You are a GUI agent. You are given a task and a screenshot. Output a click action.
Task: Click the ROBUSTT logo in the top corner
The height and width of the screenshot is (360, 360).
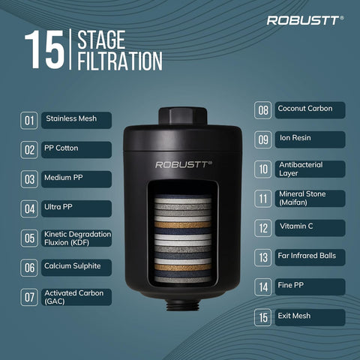pos(305,20)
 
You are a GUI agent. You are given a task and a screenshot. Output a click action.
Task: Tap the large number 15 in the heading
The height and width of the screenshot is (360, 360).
pos(44,49)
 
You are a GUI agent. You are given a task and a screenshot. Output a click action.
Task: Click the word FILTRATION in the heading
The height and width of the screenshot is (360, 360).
pos(120,61)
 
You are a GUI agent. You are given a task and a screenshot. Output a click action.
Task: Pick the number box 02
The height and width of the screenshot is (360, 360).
pos(29,150)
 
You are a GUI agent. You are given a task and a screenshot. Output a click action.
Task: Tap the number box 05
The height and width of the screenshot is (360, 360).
pos(29,238)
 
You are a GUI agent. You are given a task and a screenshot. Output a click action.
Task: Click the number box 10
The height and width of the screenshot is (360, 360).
pos(262,169)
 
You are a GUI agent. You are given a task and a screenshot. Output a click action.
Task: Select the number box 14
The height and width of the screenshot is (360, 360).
pos(262,287)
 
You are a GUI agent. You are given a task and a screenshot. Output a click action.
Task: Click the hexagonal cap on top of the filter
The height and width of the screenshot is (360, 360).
pos(183,115)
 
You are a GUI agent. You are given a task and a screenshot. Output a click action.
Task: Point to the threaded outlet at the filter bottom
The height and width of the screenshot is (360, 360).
pos(183,304)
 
